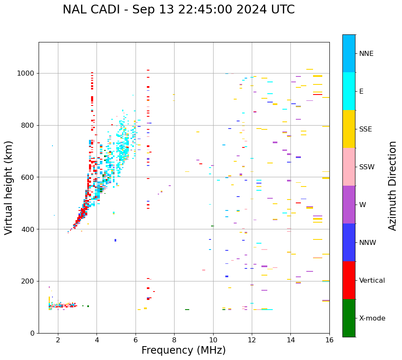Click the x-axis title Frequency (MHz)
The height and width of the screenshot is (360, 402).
click(x=183, y=350)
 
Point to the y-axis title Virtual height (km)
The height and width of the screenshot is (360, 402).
click(x=9, y=187)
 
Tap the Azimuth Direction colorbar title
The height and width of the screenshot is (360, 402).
click(x=392, y=186)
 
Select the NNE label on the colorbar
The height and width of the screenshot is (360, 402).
click(x=366, y=54)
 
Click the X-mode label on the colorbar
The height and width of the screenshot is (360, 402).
click(x=372, y=318)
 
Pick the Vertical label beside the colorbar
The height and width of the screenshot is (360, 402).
click(x=372, y=281)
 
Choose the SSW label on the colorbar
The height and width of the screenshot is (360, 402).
click(x=367, y=167)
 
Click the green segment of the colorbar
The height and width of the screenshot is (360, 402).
click(x=349, y=318)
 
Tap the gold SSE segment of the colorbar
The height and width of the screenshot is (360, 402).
click(x=349, y=129)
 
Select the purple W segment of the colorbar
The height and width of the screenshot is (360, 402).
click(x=349, y=205)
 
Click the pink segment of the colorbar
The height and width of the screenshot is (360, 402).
click(x=349, y=167)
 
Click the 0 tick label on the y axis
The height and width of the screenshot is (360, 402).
click(x=33, y=333)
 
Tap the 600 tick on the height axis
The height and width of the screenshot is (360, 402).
click(x=29, y=177)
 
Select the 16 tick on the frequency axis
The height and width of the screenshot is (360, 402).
click(x=329, y=340)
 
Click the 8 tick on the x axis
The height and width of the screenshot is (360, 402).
click(x=174, y=340)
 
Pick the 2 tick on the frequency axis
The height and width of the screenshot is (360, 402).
click(x=58, y=340)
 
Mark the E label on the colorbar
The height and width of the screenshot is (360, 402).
click(x=361, y=92)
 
